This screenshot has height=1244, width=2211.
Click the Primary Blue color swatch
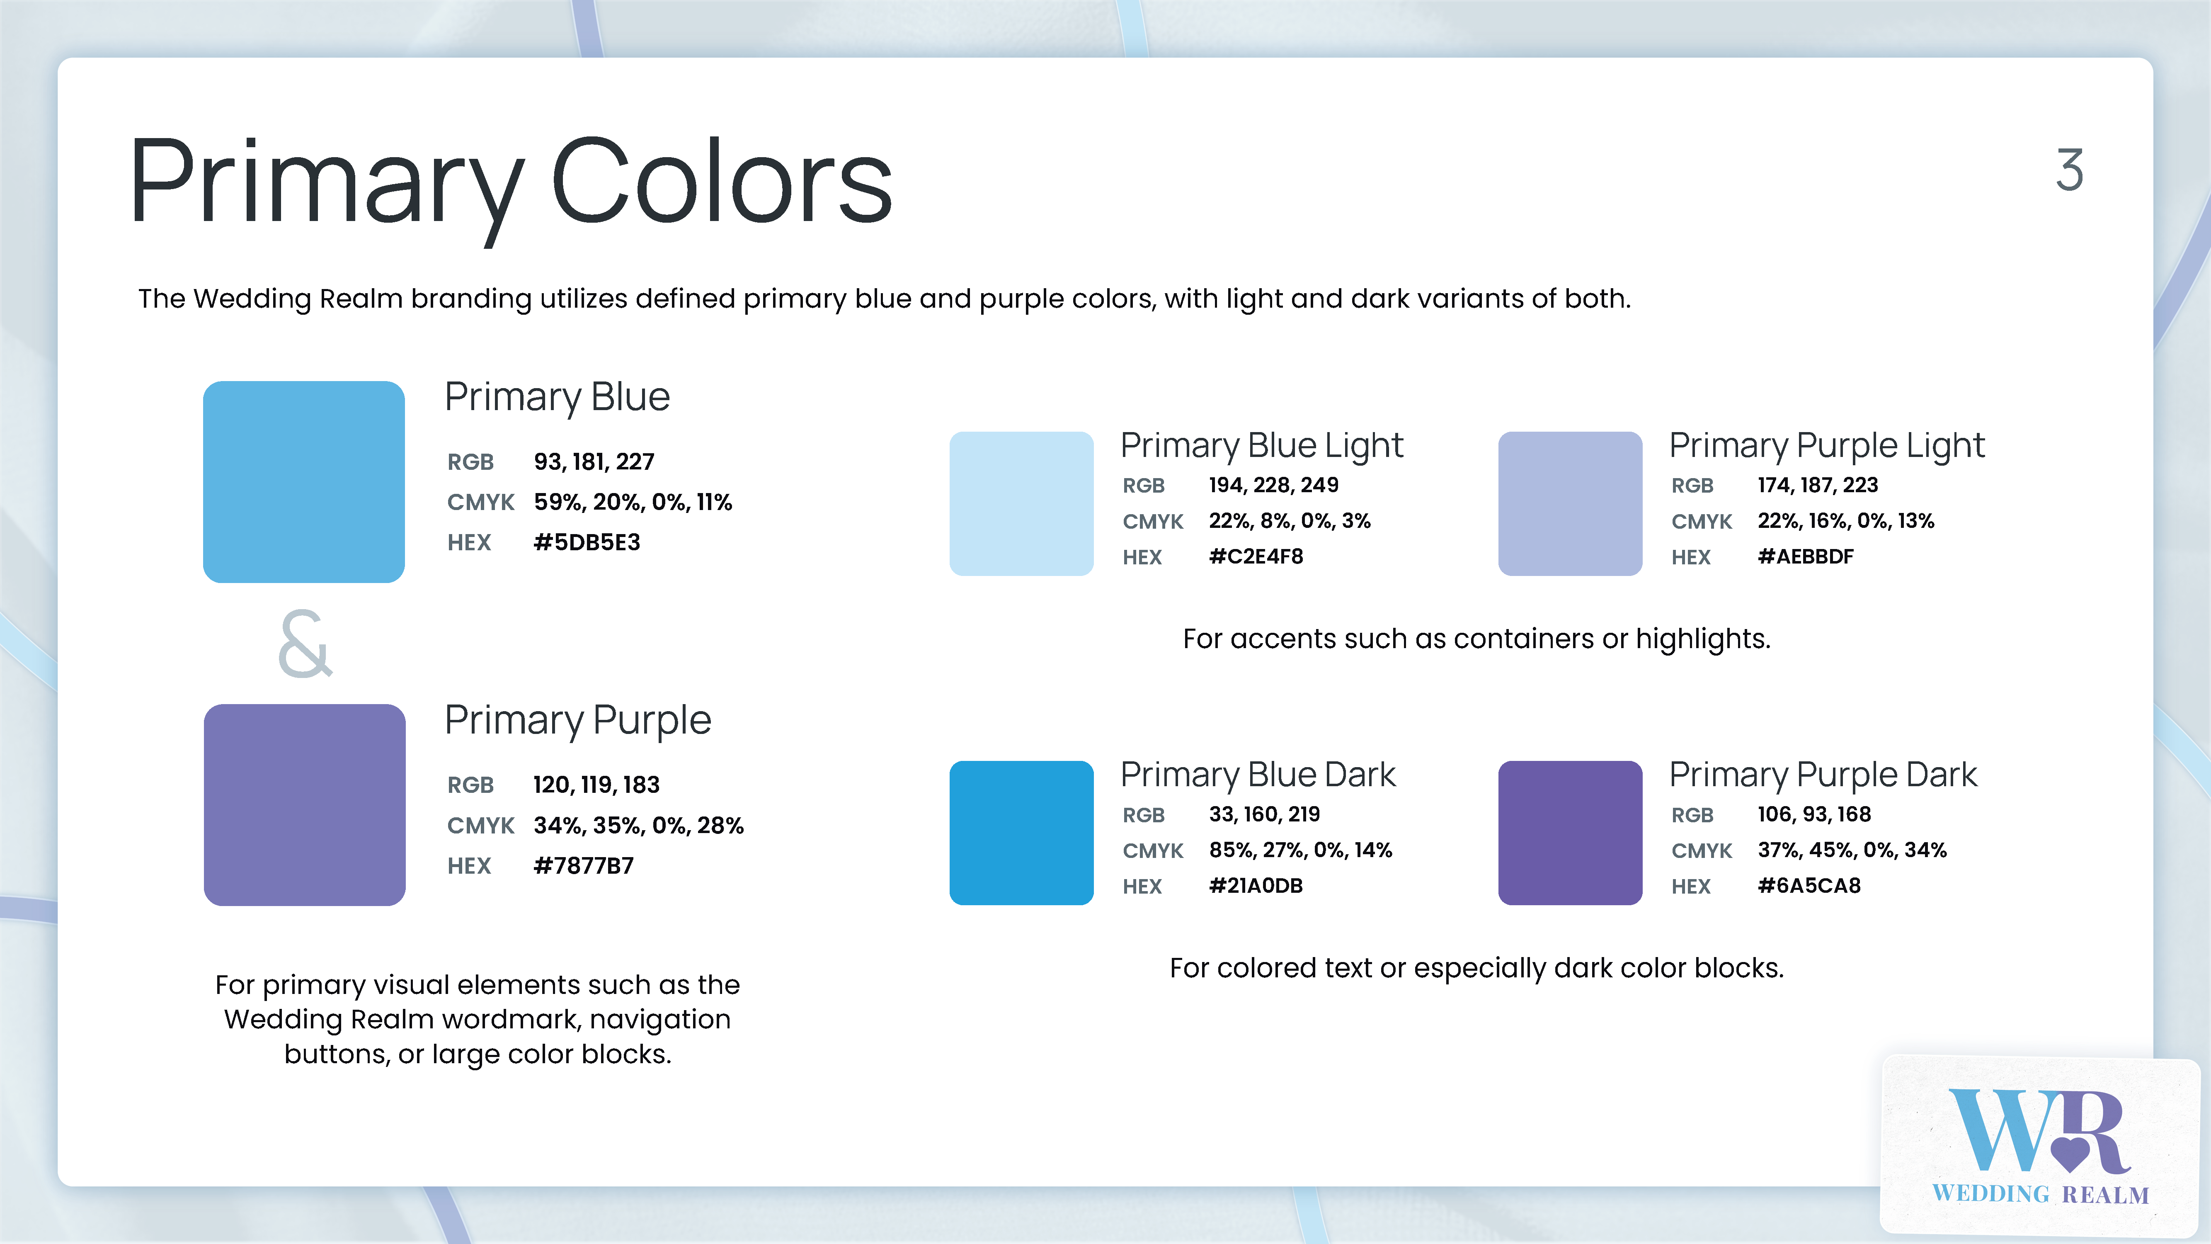(304, 481)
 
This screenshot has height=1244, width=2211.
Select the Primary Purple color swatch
(305, 804)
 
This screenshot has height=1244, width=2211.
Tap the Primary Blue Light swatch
(1021, 503)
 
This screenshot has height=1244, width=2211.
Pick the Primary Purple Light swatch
(1570, 503)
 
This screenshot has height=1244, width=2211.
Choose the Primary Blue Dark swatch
(1021, 832)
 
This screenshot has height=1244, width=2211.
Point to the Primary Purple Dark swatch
(1570, 832)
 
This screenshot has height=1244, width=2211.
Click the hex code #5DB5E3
(587, 542)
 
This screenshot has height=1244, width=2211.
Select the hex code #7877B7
(584, 865)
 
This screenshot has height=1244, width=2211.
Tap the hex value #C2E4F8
(1256, 556)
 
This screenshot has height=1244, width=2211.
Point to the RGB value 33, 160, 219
(1264, 814)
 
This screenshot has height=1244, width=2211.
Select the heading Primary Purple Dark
(1823, 775)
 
